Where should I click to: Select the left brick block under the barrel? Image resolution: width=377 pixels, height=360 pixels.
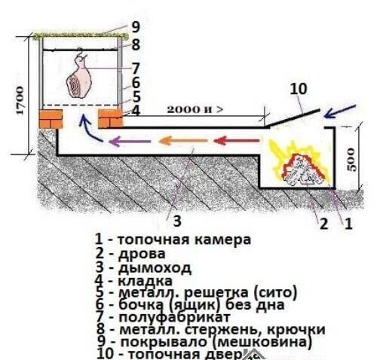[x=54, y=119]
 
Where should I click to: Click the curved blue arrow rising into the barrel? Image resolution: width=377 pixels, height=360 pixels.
[x=89, y=133]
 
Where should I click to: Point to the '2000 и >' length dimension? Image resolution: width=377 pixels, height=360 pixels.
[x=192, y=109]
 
